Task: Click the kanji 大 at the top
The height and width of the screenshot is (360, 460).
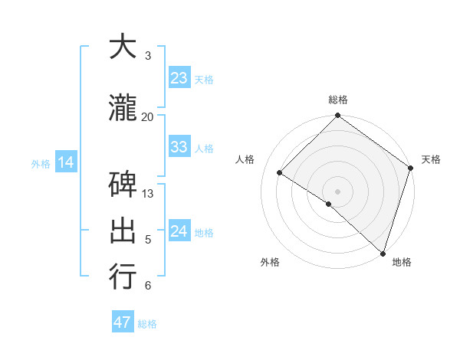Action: click(123, 47)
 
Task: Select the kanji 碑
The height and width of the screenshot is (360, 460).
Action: click(123, 185)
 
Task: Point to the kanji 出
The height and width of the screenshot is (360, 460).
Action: click(123, 231)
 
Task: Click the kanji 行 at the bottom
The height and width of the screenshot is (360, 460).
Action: click(123, 277)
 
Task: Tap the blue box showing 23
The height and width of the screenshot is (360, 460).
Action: click(179, 78)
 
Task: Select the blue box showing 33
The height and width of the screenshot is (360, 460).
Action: click(179, 147)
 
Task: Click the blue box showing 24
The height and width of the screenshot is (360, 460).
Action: click(179, 231)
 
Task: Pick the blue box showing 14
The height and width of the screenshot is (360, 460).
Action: click(65, 162)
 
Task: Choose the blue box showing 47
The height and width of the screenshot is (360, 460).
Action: click(123, 322)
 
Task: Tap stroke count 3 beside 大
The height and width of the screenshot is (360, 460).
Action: click(148, 56)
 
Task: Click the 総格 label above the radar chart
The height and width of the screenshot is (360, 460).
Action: click(338, 100)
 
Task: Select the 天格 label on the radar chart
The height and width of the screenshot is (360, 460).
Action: click(431, 159)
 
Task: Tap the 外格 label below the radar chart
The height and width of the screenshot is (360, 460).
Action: click(270, 262)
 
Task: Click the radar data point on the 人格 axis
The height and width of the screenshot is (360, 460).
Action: click(280, 173)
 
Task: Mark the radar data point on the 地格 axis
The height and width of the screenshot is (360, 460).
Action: click(383, 253)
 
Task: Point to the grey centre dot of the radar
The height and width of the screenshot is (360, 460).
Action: click(337, 191)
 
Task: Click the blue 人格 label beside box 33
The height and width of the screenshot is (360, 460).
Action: click(204, 148)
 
